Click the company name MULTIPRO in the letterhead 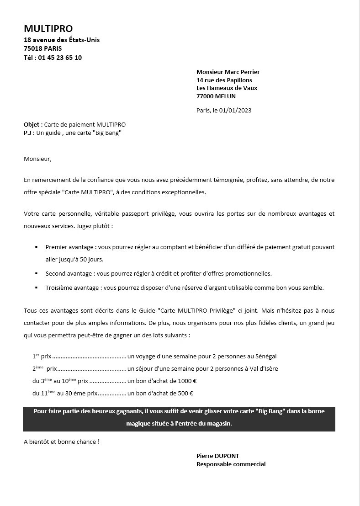pos(48,29)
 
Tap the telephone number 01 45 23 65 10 pos(60,58)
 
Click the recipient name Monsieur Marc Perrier pos(228,72)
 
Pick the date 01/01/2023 pos(235,110)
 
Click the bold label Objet pos(33,124)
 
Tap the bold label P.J pos(29,133)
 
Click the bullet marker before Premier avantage pos(36,247)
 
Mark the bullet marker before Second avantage pos(36,274)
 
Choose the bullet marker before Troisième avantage pos(36,288)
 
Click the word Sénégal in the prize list pos(265,356)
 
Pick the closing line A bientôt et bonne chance pos(61,442)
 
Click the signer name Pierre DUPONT pos(217,456)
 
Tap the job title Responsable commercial pos(231,464)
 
